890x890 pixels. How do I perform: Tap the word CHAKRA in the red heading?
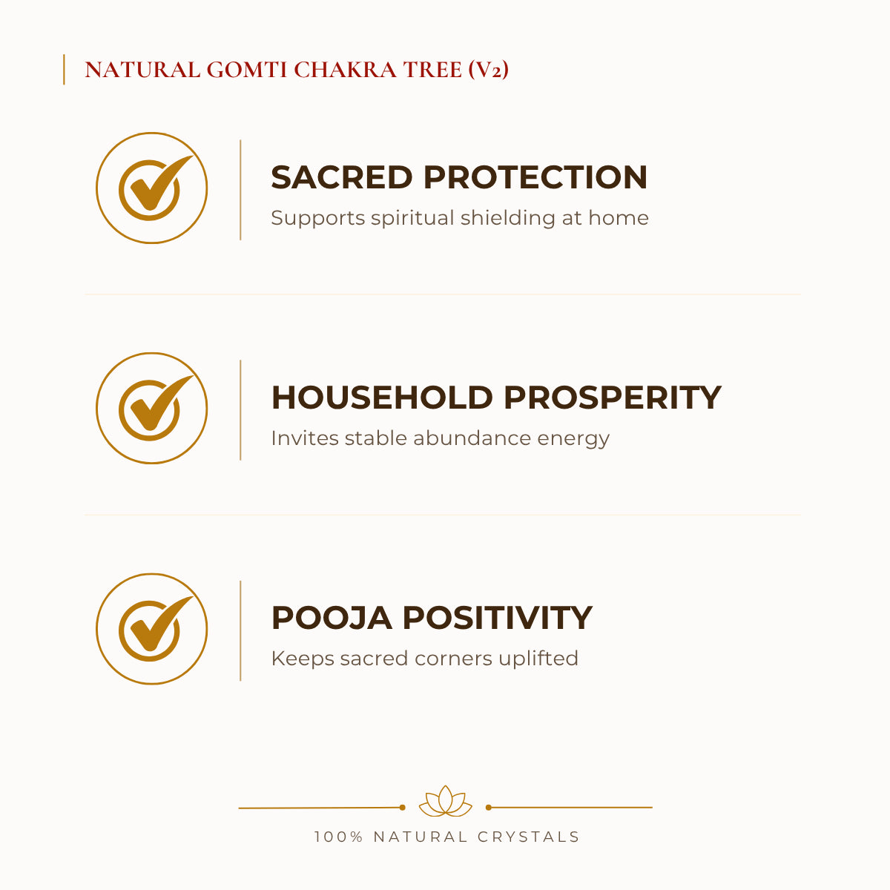345,70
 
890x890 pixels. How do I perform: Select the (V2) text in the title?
488,70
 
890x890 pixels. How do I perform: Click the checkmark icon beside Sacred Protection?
152,188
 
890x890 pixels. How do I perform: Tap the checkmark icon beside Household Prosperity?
152,408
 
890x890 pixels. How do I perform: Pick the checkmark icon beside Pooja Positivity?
152,629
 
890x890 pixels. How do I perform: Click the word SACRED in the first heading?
342,177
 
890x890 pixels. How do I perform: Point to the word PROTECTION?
535,177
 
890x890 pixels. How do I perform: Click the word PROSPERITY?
613,398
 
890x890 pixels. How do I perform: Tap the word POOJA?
332,618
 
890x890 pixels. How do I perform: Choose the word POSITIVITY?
498,618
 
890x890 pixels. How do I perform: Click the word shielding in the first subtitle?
507,219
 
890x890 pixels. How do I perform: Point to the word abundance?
472,438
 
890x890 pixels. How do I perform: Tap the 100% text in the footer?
338,837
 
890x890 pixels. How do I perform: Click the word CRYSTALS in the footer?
528,837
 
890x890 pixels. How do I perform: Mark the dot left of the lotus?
402,808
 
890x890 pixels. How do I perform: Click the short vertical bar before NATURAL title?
64,70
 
